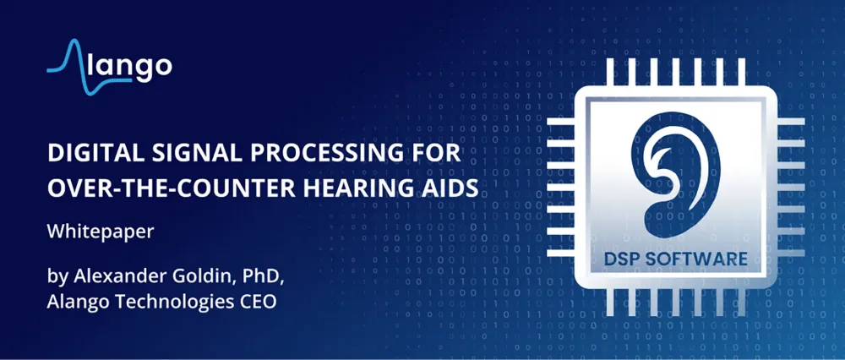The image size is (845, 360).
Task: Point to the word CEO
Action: (x=257, y=302)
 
